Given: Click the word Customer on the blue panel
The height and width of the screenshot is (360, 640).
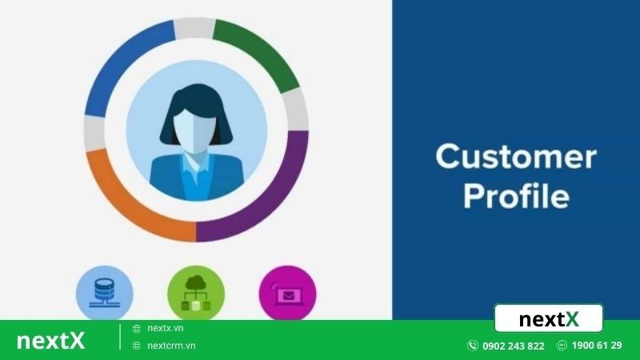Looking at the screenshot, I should coord(515,156).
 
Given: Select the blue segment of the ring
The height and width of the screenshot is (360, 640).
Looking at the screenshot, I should coord(120,64).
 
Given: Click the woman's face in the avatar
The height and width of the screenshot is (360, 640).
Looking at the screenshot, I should coord(196,128).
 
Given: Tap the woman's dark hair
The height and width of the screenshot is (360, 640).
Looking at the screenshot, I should coord(196,100).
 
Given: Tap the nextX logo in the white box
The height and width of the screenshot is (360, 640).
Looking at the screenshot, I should coord(548,319).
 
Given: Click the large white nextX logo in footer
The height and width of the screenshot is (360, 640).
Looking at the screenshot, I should coord(50,340).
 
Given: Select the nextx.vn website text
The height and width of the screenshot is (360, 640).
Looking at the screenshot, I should coord(166,328).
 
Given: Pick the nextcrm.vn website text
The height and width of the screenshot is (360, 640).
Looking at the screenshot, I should coord(171,346).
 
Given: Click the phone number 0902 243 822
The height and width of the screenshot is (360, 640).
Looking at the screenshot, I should coord(513,346).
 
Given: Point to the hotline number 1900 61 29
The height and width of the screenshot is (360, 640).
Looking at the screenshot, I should coord(598,346).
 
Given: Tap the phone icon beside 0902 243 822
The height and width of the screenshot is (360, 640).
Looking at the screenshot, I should coord(473,346).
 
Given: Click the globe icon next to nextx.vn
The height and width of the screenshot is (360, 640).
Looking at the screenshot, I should coord(137,328).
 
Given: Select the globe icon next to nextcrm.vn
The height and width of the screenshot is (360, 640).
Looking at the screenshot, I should coord(137,346).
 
